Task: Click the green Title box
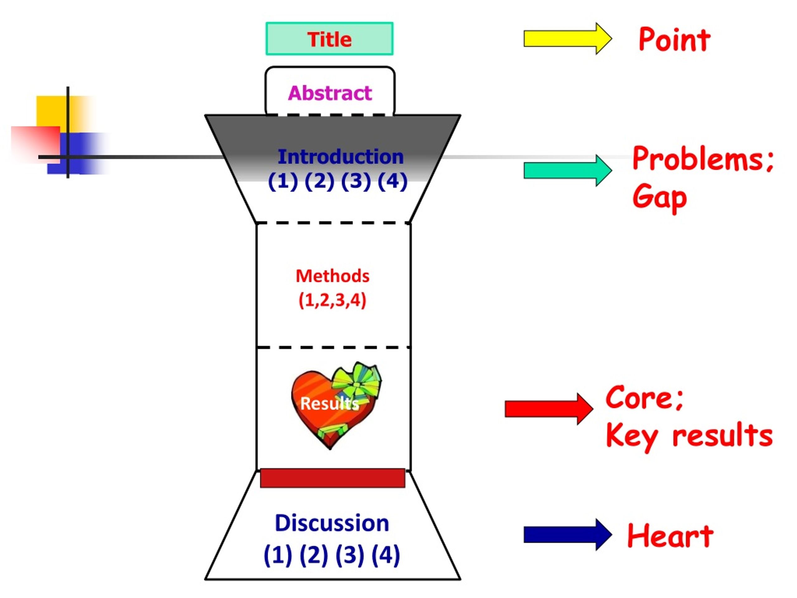[x=329, y=39]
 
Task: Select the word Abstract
[x=330, y=93]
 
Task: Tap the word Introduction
[x=341, y=157]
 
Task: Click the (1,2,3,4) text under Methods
[x=332, y=300]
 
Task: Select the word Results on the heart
[x=330, y=403]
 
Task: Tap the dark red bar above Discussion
[x=332, y=478]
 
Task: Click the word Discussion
[x=332, y=523]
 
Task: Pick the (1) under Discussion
[x=278, y=555]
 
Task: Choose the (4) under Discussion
[x=385, y=555]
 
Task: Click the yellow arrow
[x=568, y=39]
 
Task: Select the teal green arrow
[x=568, y=170]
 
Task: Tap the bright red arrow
[x=549, y=409]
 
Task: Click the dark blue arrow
[x=568, y=534]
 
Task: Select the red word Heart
[x=670, y=535]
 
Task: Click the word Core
[x=644, y=398]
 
